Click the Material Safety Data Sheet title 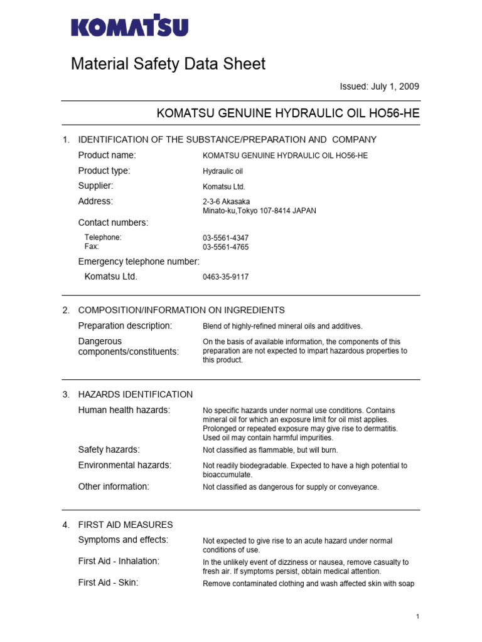click(168, 63)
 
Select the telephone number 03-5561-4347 click(225, 238)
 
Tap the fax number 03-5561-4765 click(225, 247)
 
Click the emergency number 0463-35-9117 click(225, 277)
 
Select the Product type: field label click(104, 171)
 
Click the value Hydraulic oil click(223, 171)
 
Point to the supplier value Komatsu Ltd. click(224, 187)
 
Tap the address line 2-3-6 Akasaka click(226, 202)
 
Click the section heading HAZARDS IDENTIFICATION click(135, 394)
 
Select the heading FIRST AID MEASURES click(125, 525)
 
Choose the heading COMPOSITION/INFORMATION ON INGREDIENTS click(181, 310)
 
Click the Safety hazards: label click(109, 450)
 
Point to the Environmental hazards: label click(124, 465)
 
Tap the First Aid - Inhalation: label click(119, 561)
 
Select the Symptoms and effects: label click(123, 540)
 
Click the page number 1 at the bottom click(417, 618)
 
